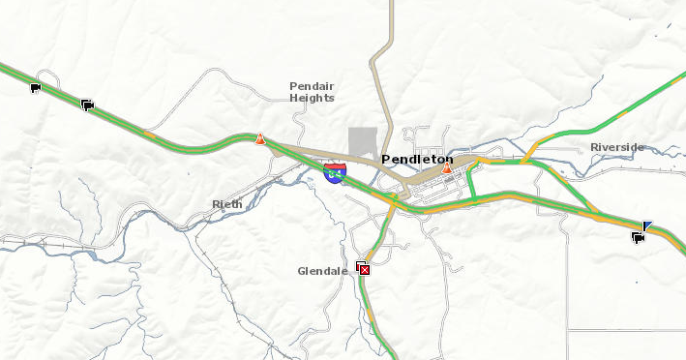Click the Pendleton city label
pyautogui.click(x=417, y=158)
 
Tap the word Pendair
pyautogui.click(x=311, y=86)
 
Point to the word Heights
pyautogui.click(x=312, y=98)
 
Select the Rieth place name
pyautogui.click(x=226, y=204)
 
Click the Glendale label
pyautogui.click(x=322, y=271)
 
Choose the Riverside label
pyautogui.click(x=616, y=147)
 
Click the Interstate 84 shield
pyautogui.click(x=335, y=173)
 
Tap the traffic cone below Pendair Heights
pyautogui.click(x=259, y=139)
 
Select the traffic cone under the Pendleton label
pyautogui.click(x=446, y=168)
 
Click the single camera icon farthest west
pyautogui.click(x=36, y=87)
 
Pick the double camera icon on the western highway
pyautogui.click(x=88, y=105)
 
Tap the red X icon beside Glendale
pyautogui.click(x=364, y=269)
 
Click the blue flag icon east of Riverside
pyautogui.click(x=647, y=225)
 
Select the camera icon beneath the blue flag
pyautogui.click(x=638, y=237)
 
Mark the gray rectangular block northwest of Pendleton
pyautogui.click(x=362, y=141)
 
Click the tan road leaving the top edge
pyautogui.click(x=391, y=19)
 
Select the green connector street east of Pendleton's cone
pyautogui.click(x=471, y=184)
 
